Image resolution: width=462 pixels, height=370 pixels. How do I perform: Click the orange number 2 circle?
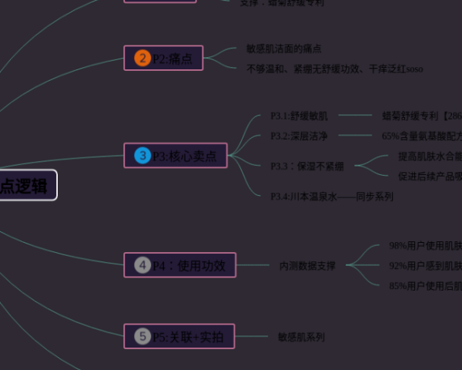(142, 58)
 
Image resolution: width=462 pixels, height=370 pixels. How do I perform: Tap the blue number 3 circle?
(142, 156)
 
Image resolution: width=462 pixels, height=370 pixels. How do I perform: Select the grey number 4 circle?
(142, 265)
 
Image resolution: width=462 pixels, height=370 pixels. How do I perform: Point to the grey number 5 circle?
(142, 336)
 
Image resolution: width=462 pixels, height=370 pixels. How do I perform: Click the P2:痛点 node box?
(163, 58)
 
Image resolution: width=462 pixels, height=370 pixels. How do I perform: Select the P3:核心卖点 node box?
(176, 156)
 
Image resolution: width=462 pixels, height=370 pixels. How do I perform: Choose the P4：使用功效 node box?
(179, 265)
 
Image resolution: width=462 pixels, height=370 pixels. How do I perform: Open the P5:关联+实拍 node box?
(179, 336)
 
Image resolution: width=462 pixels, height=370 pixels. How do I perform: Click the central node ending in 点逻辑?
(27, 186)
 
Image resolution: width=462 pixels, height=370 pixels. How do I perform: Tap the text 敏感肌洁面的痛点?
(284, 49)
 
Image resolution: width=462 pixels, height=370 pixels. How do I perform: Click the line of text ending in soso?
(334, 69)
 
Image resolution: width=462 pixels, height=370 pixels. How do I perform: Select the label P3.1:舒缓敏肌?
(299, 116)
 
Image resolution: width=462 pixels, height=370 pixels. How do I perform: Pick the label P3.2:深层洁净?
(299, 136)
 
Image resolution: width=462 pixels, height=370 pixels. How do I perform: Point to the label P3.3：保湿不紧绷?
(307, 166)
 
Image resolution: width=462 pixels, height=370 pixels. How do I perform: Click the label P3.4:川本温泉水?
(331, 197)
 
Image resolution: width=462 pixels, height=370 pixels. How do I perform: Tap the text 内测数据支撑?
(307, 266)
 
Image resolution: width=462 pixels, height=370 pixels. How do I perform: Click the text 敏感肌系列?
(301, 337)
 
